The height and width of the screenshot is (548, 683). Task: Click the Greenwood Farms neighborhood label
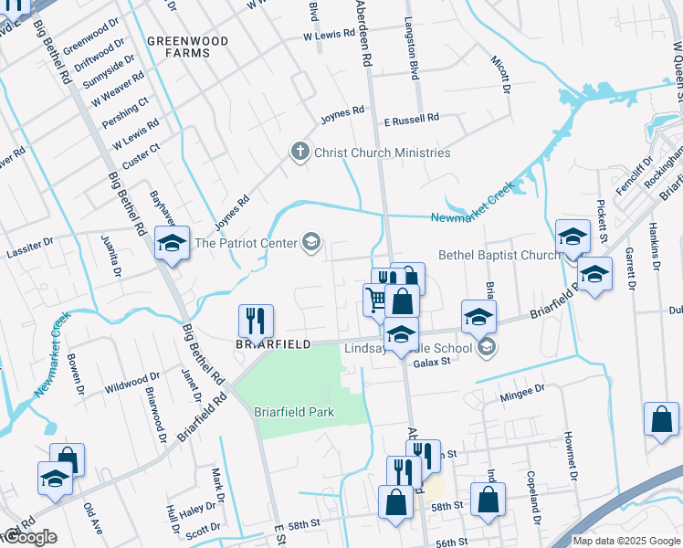[178, 47]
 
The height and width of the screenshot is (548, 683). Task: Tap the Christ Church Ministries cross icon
[299, 152]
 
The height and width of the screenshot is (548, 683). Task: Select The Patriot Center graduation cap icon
[311, 242]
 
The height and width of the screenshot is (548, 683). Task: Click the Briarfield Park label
[294, 412]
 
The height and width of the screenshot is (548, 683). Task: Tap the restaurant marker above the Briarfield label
[256, 321]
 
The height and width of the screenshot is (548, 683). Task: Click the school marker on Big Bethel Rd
[172, 244]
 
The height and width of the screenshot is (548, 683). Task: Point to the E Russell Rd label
[411, 118]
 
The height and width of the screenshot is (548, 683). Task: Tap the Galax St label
[433, 363]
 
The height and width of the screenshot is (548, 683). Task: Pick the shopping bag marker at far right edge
[660, 420]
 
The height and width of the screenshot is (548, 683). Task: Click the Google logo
[29, 537]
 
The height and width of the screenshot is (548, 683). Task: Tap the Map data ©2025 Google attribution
[625, 541]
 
